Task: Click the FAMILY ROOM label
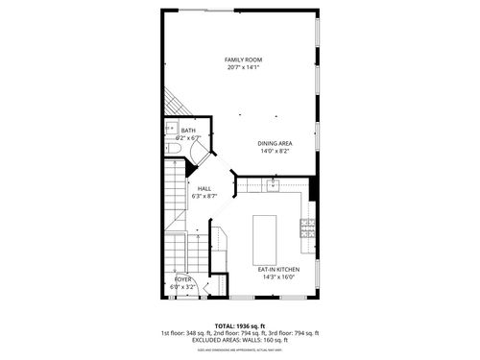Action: pos(244,60)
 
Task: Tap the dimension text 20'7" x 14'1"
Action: pos(244,68)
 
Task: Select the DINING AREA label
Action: pos(275,143)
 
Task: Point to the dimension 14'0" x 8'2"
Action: pos(275,151)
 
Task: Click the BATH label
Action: pos(188,131)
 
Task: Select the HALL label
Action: pos(204,188)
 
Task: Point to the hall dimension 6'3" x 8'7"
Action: pos(204,197)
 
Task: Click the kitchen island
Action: pos(266,239)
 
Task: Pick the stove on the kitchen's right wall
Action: pos(308,228)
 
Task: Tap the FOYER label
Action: pos(182,278)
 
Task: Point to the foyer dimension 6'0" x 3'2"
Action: pos(182,286)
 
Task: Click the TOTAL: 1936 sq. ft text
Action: pos(239,326)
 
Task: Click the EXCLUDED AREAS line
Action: pos(239,339)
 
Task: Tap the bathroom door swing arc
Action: pos(196,150)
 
